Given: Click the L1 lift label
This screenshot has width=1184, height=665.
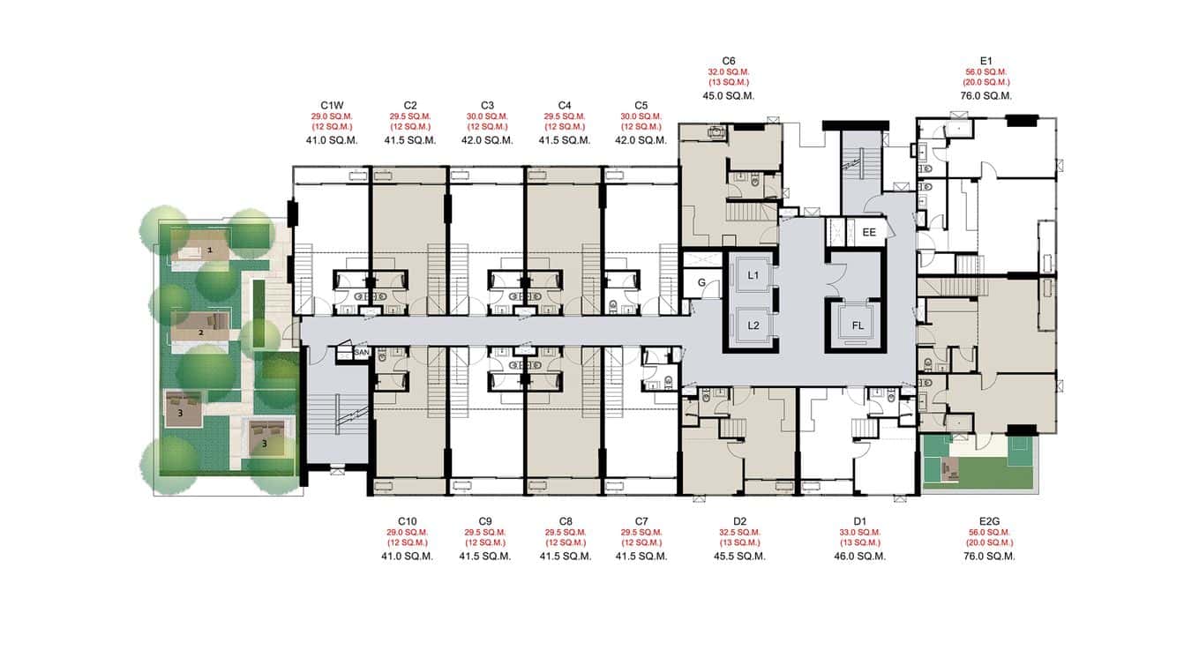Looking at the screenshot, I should coord(753,276).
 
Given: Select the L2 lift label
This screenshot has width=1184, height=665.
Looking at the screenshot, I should coord(753,325).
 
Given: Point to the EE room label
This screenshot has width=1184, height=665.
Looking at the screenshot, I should coord(869,233).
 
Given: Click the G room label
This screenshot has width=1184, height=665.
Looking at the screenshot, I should coord(701,283).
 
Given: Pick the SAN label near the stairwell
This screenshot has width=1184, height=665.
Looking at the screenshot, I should coord(361,353).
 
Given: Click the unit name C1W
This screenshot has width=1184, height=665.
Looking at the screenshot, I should coord(333,104).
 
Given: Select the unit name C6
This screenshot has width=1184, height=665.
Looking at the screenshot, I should coord(728,60).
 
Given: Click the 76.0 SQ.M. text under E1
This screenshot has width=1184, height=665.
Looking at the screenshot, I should coord(985,95).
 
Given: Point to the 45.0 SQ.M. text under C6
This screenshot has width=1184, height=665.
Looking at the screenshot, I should coord(728,95).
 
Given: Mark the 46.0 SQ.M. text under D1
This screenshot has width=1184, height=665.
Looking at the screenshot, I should coord(860,557).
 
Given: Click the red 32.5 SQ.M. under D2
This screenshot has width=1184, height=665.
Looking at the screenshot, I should coord(739,533).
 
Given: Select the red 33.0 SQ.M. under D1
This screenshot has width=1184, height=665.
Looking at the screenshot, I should coord(860,533).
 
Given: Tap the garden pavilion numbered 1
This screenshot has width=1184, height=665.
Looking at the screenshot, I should coord(210,250).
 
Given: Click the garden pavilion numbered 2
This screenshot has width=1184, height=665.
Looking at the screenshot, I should coord(201,332).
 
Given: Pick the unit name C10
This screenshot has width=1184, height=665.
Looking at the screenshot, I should coord(407,521).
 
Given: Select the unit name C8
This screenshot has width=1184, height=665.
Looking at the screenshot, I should coord(566,521).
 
